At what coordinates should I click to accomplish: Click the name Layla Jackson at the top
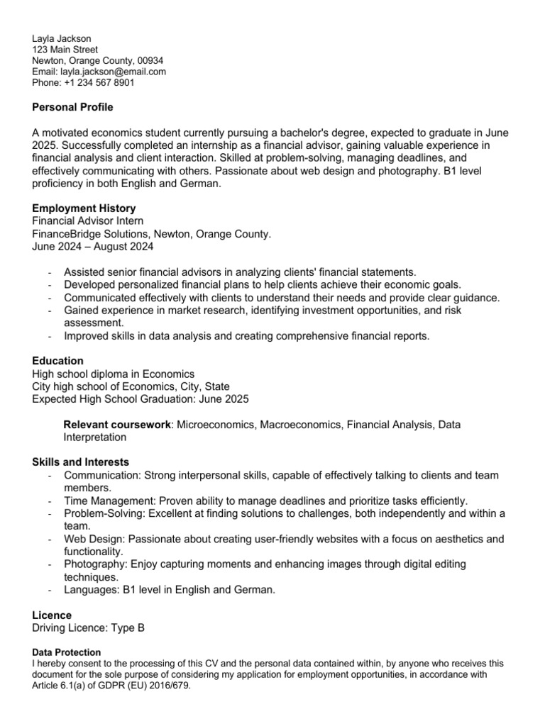62,38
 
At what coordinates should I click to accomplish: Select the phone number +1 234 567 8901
99,82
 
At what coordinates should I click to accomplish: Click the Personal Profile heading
72,107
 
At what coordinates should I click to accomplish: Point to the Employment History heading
84,208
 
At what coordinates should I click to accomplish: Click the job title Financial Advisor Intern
88,220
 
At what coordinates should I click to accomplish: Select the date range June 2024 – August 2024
92,247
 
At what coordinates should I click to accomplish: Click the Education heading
57,361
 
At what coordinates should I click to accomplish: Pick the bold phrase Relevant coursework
117,425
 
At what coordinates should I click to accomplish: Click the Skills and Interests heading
81,462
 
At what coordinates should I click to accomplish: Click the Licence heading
52,615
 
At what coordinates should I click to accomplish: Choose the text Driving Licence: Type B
88,628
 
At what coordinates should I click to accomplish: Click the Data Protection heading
67,652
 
